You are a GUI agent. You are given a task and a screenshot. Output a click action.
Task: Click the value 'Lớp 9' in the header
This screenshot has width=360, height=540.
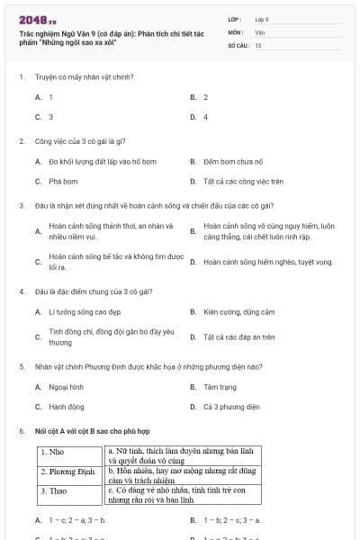coord(262,19)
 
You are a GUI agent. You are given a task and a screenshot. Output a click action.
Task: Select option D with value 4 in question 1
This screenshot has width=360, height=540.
coord(206,117)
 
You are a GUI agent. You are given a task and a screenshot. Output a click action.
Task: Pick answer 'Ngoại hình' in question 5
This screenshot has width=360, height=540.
coord(65,387)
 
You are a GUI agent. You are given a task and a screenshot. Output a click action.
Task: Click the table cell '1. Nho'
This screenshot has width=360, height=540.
coord(56,451)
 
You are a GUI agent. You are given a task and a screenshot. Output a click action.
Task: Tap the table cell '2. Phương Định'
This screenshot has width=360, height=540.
coord(67,471)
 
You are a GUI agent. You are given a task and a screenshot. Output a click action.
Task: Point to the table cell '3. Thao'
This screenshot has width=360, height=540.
coord(58,491)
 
